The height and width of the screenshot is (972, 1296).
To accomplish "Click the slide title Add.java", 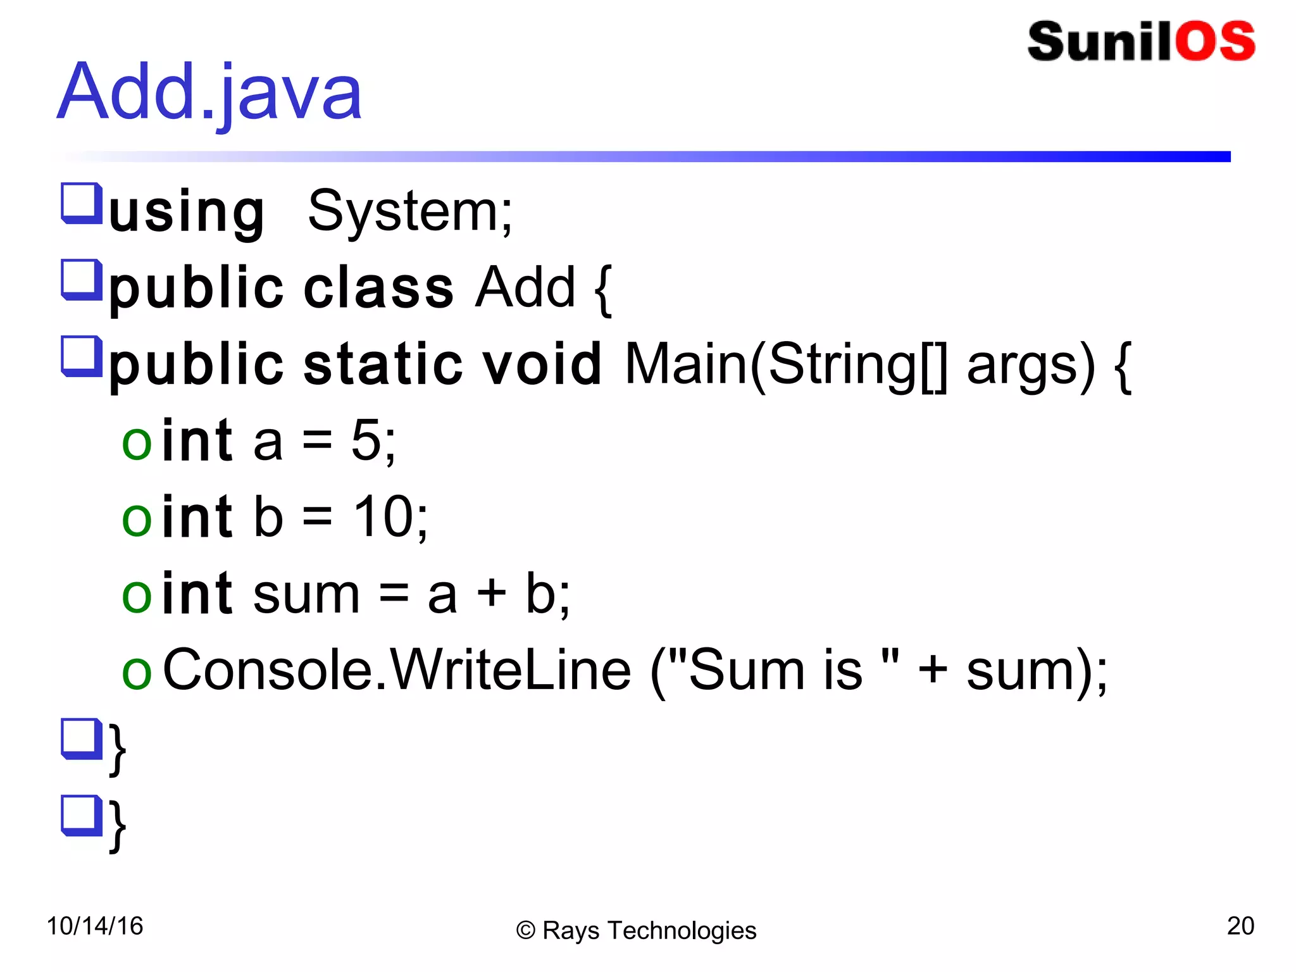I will click(209, 92).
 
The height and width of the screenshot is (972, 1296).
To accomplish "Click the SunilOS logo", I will click(1141, 42).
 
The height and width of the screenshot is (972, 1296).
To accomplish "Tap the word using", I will click(187, 212).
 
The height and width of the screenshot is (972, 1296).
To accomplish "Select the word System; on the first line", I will click(410, 211).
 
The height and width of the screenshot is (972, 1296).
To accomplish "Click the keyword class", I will click(378, 289).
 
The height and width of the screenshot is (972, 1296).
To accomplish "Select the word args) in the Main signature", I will click(1031, 364).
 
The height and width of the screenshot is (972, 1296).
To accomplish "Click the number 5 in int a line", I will click(366, 441).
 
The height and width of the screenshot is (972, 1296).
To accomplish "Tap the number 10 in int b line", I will click(382, 518).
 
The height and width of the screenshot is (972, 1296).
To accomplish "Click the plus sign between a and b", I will click(492, 594).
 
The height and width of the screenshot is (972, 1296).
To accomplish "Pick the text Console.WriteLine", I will click(397, 670).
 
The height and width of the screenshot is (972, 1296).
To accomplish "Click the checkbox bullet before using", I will click(82, 204).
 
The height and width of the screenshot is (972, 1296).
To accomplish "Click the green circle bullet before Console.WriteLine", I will click(137, 673).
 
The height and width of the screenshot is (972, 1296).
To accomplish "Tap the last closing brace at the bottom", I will click(118, 826).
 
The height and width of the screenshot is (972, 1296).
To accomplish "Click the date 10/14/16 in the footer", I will click(95, 926).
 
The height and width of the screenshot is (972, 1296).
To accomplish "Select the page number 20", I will click(1240, 926).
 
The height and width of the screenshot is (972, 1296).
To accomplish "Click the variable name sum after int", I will click(306, 595).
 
